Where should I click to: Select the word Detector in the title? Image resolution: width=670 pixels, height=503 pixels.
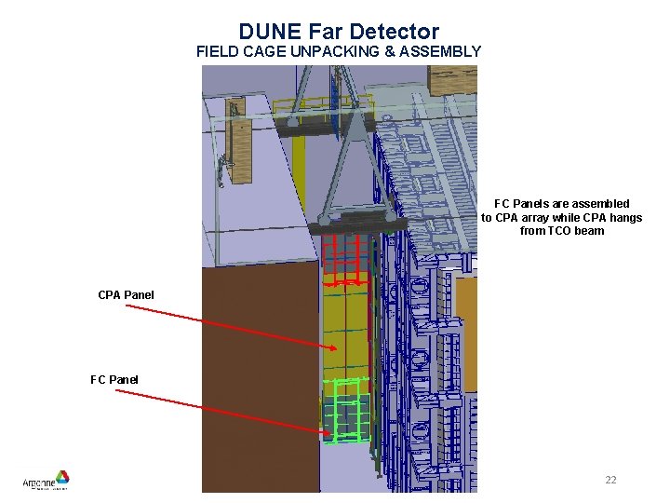(395, 33)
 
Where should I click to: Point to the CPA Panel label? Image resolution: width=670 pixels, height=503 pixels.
(126, 295)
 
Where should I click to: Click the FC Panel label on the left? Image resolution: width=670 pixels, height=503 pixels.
(114, 379)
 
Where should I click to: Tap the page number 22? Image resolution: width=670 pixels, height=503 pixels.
(610, 480)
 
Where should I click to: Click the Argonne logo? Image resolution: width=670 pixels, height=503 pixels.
(47, 481)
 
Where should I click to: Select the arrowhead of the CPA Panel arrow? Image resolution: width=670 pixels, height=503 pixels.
(333, 348)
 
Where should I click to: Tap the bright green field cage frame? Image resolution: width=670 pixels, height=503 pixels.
(345, 410)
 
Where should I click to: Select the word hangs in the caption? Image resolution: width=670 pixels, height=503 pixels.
(626, 217)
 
